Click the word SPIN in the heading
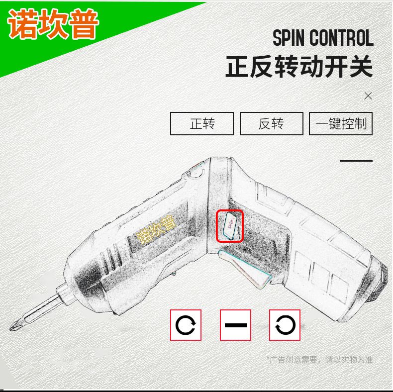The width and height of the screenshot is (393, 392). point(289,38)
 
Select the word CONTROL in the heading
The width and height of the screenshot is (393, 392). point(341,38)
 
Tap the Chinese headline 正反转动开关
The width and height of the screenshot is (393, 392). point(299,67)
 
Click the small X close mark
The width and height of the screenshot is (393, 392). point(368,96)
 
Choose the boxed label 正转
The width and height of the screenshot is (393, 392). point(202,123)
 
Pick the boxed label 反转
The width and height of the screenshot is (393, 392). point(272,123)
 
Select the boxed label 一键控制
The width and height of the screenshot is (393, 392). point(341,123)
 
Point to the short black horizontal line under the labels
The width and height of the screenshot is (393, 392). point(356,161)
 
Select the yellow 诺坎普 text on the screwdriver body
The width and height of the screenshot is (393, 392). point(156,230)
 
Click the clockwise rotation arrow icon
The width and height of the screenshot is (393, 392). point(186,325)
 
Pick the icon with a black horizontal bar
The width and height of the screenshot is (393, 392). point(236,325)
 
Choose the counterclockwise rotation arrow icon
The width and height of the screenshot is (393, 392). point(285,325)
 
